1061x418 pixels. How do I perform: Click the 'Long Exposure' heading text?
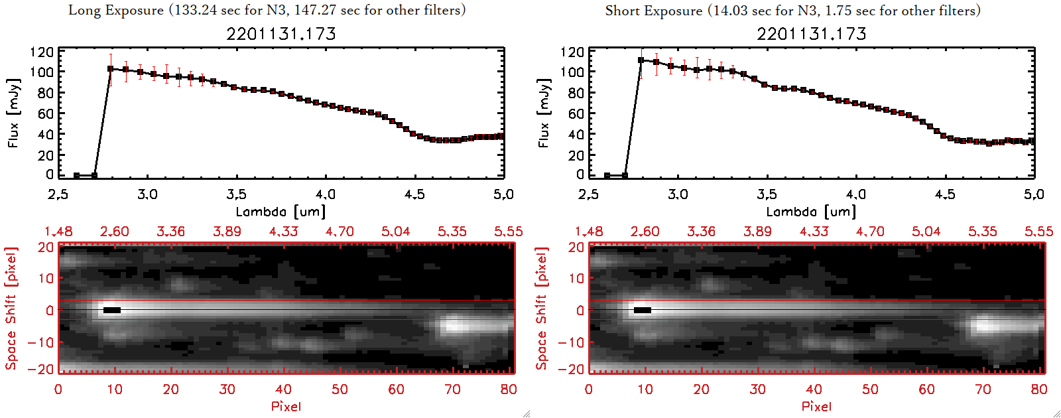pos(116,10)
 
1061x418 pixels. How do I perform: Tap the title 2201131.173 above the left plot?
pos(281,34)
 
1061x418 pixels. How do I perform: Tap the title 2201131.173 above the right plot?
pos(812,34)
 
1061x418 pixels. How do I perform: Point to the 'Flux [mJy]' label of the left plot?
pos(13,113)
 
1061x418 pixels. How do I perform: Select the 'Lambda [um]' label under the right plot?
pos(811,212)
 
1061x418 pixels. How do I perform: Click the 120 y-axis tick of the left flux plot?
pos(42,52)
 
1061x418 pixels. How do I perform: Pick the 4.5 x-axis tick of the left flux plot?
pos(414,194)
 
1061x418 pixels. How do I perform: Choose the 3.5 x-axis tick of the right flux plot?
pos(767,194)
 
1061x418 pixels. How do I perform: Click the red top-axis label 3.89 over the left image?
pos(227,232)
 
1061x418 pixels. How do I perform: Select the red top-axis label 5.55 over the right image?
pos(1038,232)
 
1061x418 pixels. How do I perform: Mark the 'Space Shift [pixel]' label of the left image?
pos(11,309)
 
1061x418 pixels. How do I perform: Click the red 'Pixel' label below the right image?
pos(816,406)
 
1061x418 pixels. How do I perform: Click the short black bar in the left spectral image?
pos(112,310)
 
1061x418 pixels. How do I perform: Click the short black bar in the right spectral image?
pos(643,310)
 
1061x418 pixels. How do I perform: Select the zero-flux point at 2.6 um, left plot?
pos(77,175)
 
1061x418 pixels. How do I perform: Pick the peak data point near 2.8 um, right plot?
pos(641,60)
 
